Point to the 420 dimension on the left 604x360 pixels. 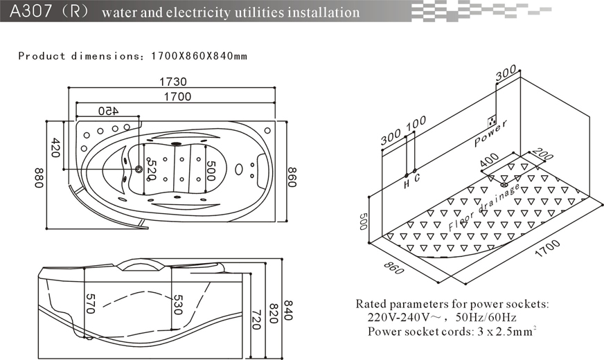click(57, 147)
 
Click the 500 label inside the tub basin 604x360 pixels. click(212, 169)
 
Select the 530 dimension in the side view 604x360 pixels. click(177, 305)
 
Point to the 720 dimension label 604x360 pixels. click(256, 318)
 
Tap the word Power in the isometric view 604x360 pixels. click(491, 134)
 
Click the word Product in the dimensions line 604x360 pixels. click(41, 56)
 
